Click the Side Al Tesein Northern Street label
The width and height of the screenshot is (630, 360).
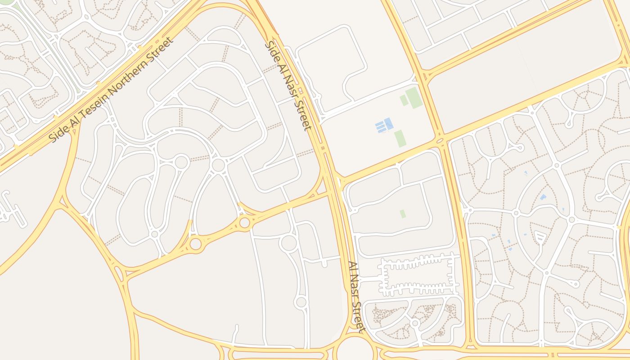tap(111, 90)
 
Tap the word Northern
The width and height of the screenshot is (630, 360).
tap(137, 68)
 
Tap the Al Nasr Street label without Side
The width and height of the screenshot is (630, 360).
tap(355, 297)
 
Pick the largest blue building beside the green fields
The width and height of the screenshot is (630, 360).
tap(388, 123)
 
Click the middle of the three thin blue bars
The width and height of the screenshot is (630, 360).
tap(381, 126)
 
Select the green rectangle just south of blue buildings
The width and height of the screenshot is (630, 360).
tap(400, 138)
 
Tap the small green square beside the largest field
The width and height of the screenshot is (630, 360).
tap(404, 100)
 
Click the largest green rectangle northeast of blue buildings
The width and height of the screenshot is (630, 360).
tap(414, 98)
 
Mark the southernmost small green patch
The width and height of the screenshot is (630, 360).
tap(403, 214)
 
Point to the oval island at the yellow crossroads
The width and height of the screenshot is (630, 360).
tap(440, 141)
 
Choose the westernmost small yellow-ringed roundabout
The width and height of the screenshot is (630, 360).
tap(196, 244)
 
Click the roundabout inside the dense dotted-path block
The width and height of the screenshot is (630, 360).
tap(415, 323)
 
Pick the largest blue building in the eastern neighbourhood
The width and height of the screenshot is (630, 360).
tap(543, 197)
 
